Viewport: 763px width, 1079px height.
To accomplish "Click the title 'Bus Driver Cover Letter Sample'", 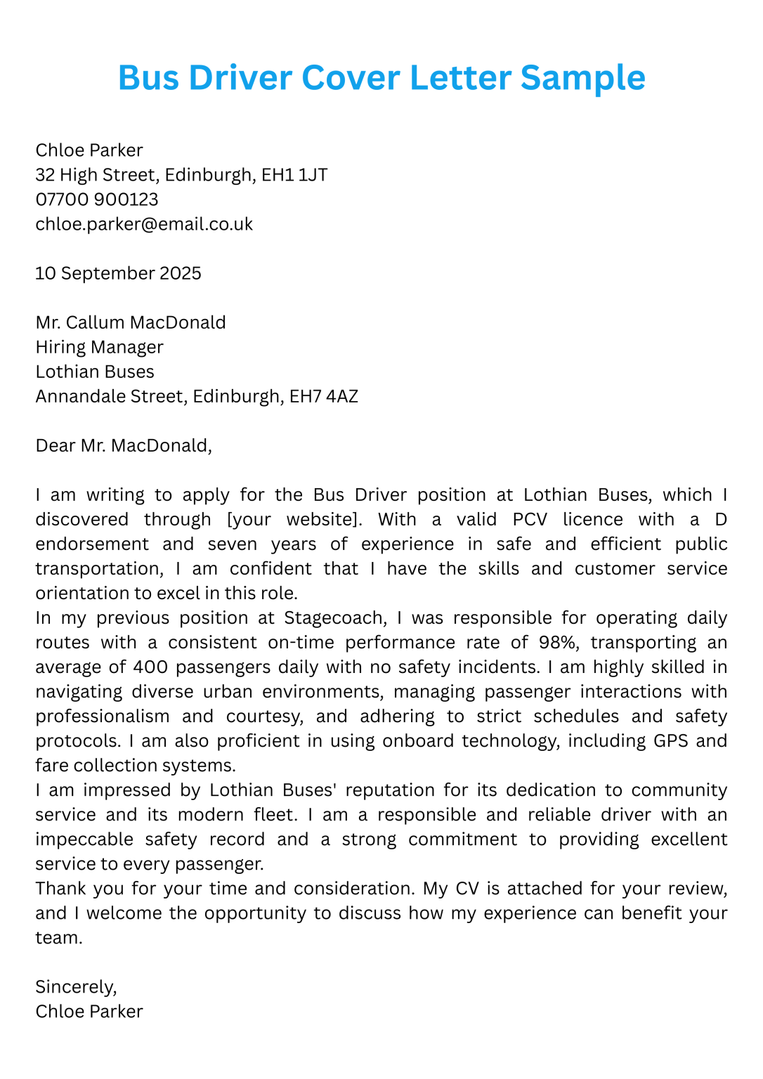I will pyautogui.click(x=381, y=78).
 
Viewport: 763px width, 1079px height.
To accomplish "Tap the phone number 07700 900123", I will pyautogui.click(x=97, y=200).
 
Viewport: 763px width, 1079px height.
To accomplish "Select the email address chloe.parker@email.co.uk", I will pyautogui.click(x=144, y=224).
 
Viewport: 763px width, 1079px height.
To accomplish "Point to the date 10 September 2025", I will pyautogui.click(x=118, y=273).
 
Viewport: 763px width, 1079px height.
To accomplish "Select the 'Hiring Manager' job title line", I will pyautogui.click(x=99, y=347).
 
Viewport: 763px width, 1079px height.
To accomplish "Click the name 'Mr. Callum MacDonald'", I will pyautogui.click(x=131, y=322).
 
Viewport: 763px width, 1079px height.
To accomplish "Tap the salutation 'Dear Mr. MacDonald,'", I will pyautogui.click(x=124, y=445).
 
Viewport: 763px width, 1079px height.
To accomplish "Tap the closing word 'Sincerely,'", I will pyautogui.click(x=76, y=987).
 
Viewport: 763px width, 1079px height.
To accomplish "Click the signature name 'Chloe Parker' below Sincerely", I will pyautogui.click(x=89, y=1012).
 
